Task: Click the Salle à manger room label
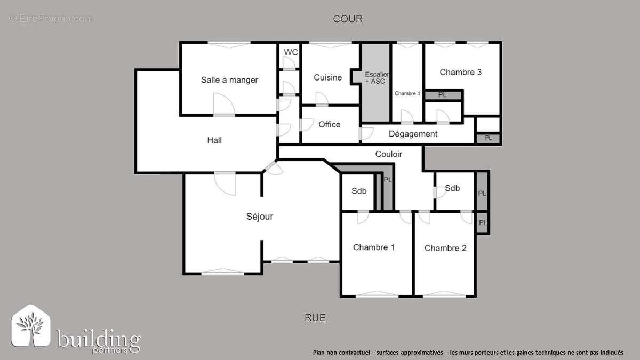[229, 80]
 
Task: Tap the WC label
[291, 52]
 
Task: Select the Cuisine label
[327, 77]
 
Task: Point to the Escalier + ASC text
[377, 78]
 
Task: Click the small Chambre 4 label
[407, 93]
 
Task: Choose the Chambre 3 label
[461, 72]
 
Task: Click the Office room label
[329, 124]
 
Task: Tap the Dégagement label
[413, 134]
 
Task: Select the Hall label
[214, 140]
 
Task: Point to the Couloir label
[388, 154]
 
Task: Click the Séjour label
[260, 217]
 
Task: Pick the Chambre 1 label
[374, 247]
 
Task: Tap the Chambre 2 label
[445, 248]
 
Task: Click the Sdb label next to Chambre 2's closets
[452, 188]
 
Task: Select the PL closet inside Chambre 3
[443, 95]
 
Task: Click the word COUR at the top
[348, 19]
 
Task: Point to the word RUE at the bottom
[315, 318]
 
